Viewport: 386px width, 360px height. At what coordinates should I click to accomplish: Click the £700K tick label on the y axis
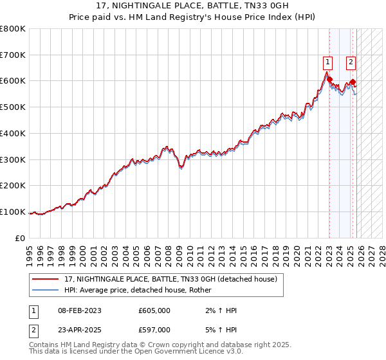coord(13,55)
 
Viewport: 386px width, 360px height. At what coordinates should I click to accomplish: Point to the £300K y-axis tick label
coord(13,159)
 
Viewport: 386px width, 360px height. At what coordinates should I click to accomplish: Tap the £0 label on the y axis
coord(20,238)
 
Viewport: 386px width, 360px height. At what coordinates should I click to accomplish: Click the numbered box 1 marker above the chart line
coord(328,62)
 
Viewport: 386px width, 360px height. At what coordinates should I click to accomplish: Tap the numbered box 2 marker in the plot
coord(351,62)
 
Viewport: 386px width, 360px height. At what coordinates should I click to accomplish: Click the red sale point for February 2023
coord(329,80)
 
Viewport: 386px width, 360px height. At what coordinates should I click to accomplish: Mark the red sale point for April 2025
coord(353,82)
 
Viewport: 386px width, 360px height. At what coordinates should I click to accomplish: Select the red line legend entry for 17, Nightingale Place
coord(170,279)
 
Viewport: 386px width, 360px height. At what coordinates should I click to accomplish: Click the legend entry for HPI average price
coord(142,291)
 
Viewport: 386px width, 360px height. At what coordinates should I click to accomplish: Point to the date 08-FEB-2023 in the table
coord(80,310)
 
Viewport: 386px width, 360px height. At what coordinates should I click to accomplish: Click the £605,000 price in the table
coord(154,310)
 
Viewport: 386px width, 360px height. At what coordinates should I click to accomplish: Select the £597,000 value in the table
coord(154,329)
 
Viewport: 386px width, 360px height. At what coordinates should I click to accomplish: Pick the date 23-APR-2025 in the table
coord(80,329)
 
